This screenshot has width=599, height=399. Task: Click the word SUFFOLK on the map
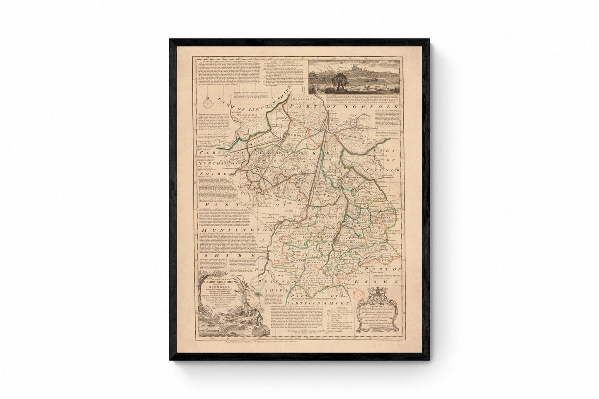388,171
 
